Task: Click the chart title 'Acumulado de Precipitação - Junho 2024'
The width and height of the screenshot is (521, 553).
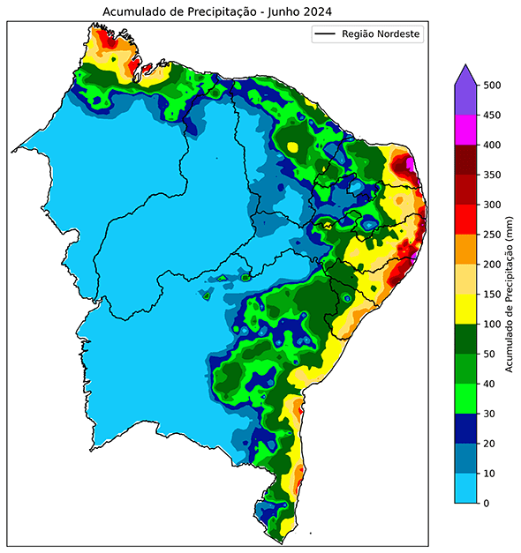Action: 221,11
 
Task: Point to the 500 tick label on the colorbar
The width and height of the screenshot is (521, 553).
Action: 493,86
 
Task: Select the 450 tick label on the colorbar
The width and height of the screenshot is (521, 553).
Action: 493,116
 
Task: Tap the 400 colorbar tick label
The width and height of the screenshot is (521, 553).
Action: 493,146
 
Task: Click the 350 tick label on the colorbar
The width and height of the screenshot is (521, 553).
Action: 493,176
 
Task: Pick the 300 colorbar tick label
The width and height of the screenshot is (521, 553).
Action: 493,206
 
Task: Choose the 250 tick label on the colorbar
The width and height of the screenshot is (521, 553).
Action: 493,235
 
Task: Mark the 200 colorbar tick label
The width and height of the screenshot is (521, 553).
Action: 493,265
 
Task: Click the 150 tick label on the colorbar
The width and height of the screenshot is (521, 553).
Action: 493,295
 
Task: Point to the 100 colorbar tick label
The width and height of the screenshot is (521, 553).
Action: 493,325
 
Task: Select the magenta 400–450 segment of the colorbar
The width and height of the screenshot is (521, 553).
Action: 465,131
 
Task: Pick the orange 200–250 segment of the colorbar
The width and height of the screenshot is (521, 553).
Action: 465,250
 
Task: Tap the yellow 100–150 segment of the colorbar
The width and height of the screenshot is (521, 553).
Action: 465,310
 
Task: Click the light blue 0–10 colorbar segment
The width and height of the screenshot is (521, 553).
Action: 465,488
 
